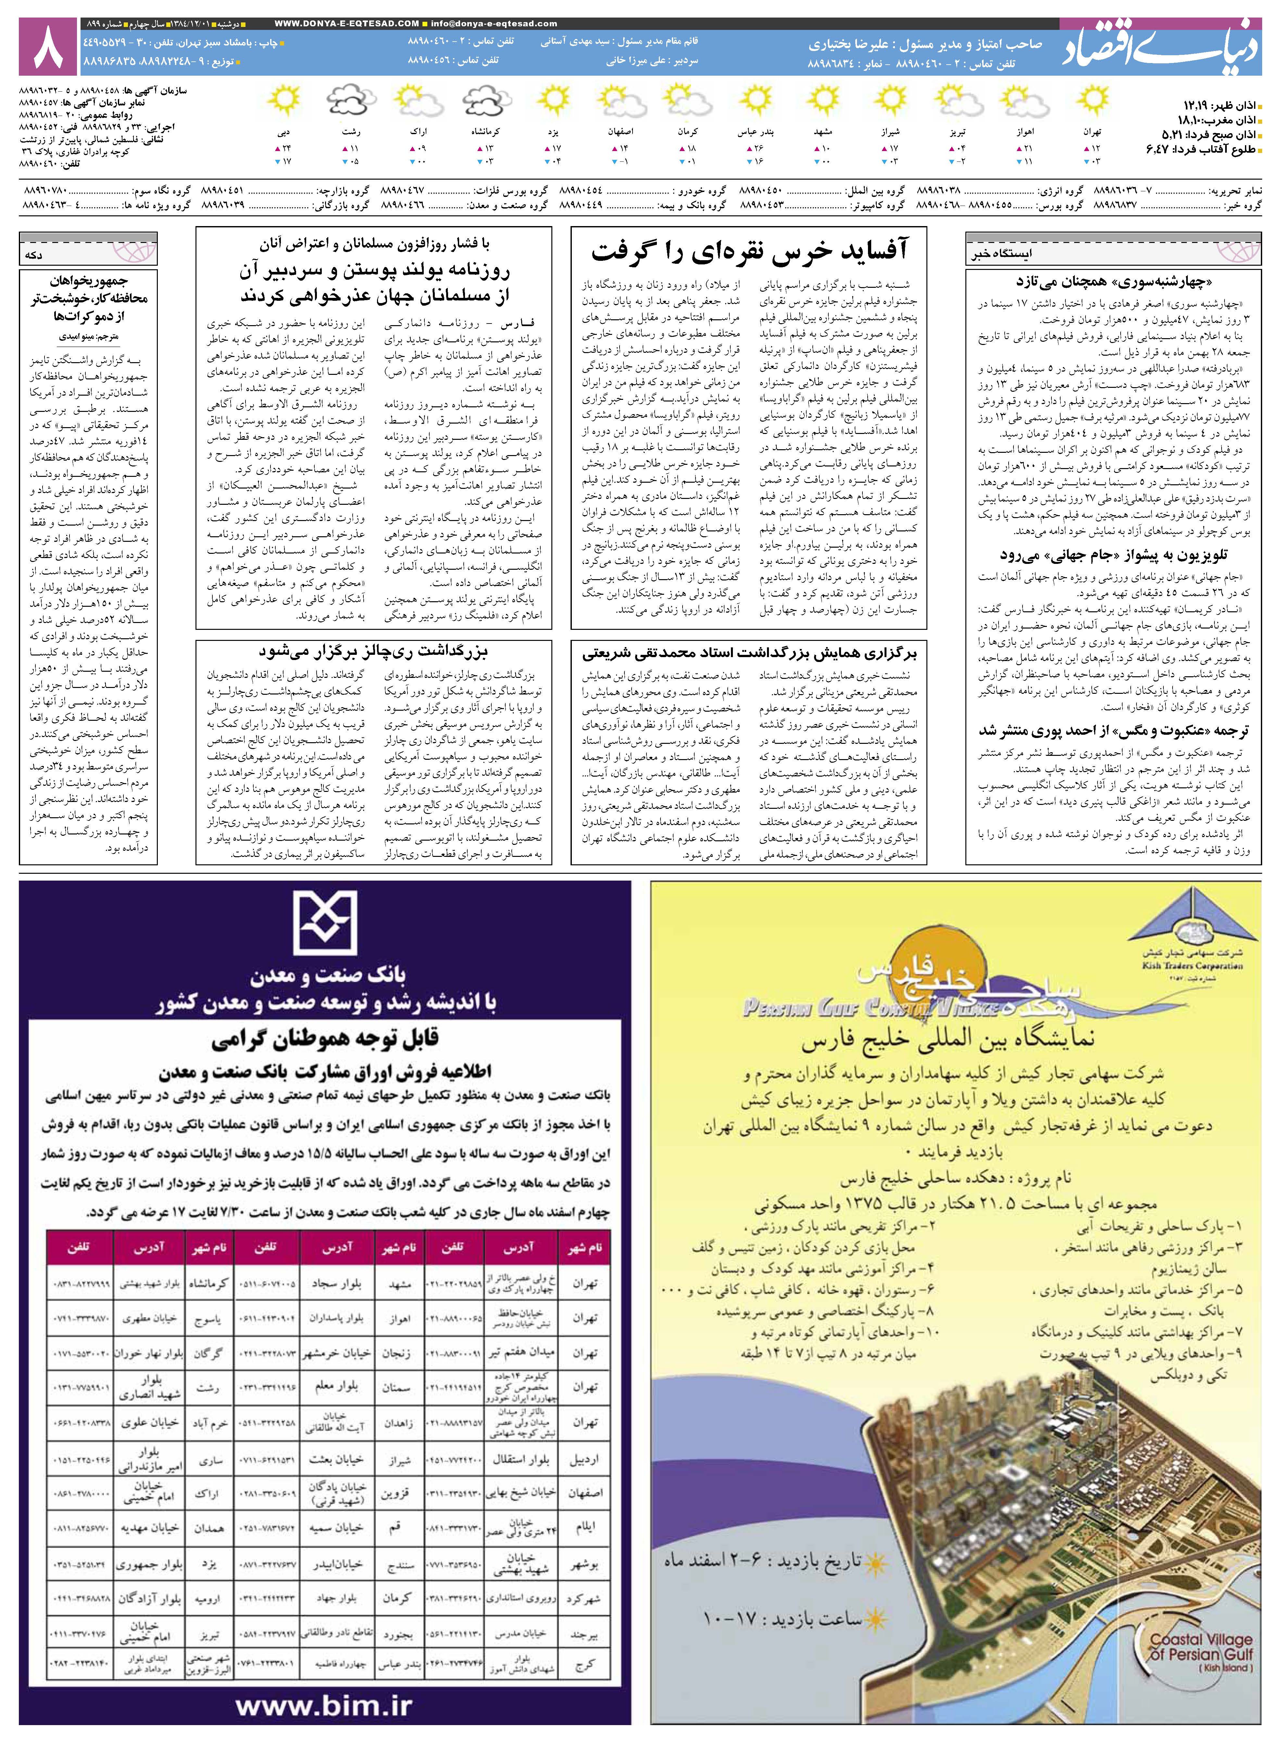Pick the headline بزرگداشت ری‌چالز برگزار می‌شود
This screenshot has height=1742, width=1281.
pyautogui.click(x=374, y=651)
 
